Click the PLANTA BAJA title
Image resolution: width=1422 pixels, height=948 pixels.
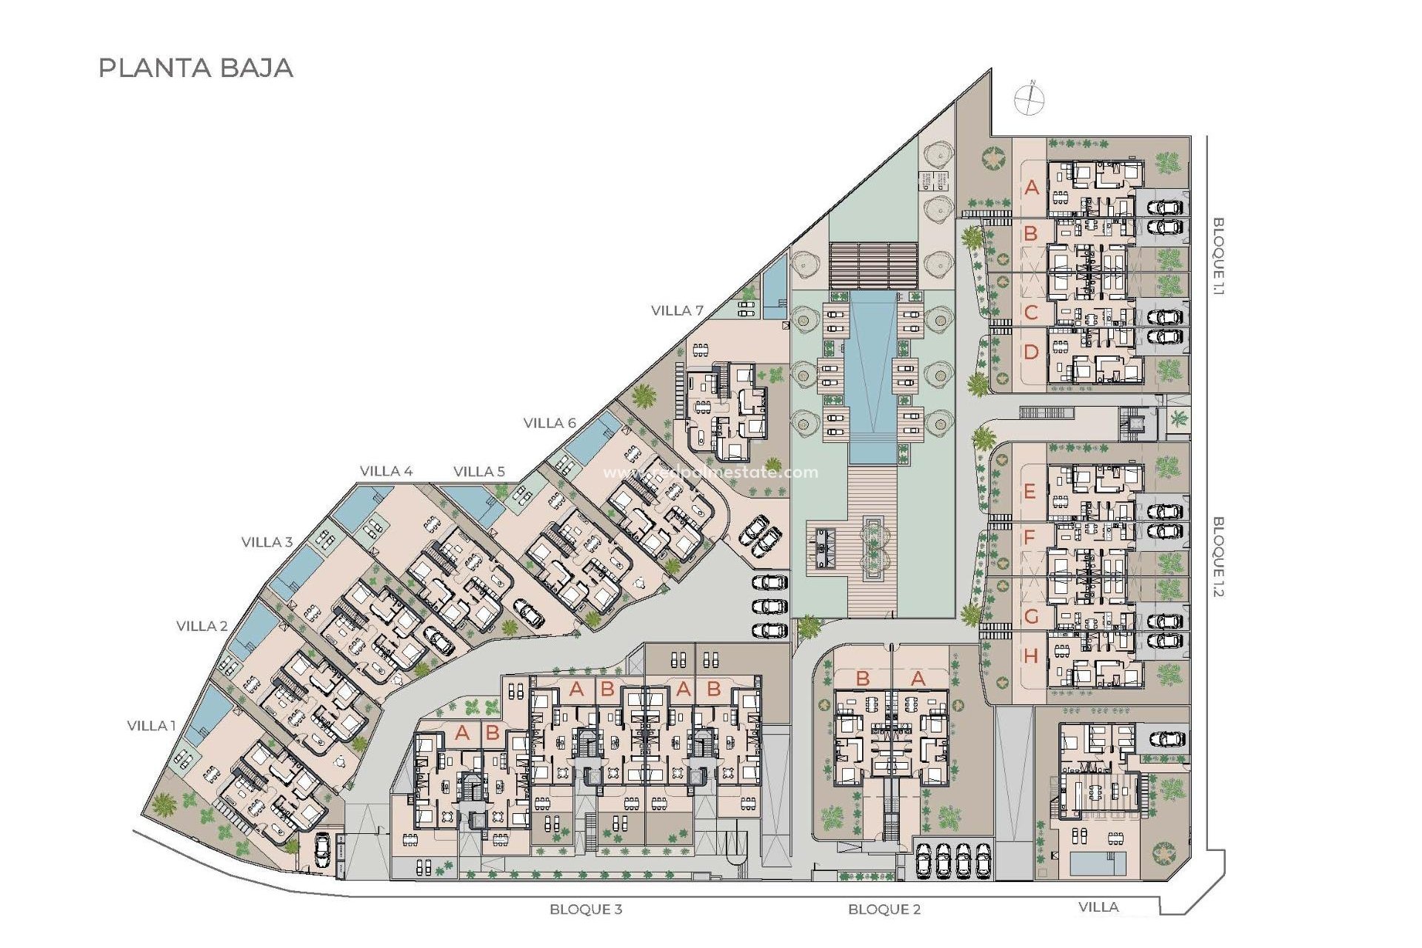(x=196, y=68)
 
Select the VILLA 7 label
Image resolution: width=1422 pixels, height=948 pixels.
(x=677, y=311)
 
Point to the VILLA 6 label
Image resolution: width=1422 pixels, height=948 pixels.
(x=550, y=423)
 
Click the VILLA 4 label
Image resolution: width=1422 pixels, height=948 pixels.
(x=386, y=471)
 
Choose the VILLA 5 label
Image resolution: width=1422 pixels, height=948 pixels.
(x=479, y=471)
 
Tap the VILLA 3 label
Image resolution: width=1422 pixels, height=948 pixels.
(x=267, y=542)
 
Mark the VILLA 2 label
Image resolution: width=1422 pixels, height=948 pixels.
(x=202, y=626)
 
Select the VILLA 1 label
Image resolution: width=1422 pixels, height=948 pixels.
(x=152, y=726)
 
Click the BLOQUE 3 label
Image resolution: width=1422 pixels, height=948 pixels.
(x=586, y=909)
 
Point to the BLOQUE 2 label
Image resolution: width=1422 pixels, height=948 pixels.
(x=884, y=909)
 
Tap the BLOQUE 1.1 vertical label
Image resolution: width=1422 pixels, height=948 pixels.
(x=1218, y=256)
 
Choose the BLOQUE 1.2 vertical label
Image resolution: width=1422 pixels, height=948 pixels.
(x=1218, y=556)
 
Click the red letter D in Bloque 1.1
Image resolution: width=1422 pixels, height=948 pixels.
(x=1031, y=353)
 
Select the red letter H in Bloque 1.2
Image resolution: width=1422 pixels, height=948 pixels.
(x=1031, y=655)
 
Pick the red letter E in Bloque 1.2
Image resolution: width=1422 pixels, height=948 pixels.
(x=1029, y=491)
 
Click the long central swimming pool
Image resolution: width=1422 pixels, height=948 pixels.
(x=872, y=370)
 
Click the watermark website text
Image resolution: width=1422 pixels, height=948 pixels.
(x=711, y=473)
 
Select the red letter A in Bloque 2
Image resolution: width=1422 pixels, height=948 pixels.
(x=918, y=678)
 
